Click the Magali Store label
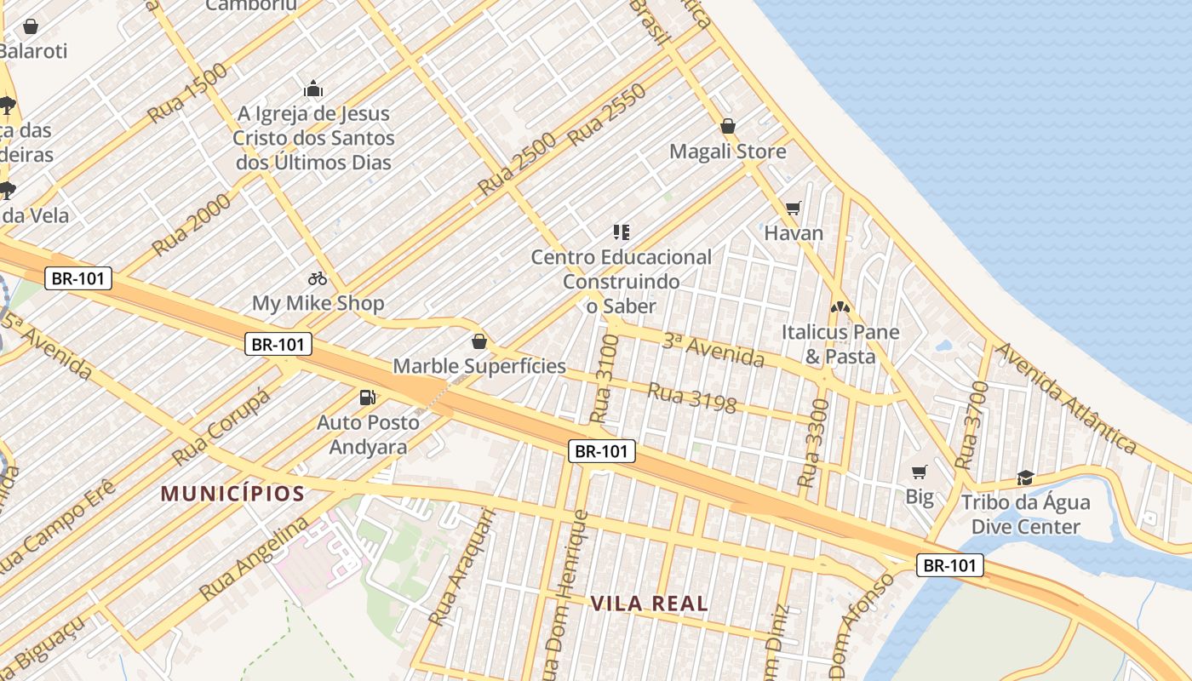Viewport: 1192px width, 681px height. coord(728,152)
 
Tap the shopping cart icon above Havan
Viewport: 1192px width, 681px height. coord(794,208)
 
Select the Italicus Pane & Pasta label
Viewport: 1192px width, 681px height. coord(840,344)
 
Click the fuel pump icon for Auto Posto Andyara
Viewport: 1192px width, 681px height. coord(368,397)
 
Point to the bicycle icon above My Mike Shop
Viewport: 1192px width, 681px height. coord(318,278)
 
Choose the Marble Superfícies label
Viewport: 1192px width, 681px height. coord(479,366)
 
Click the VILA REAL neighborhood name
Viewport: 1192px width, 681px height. coord(650,604)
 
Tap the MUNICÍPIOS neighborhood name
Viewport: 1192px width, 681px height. coord(232,494)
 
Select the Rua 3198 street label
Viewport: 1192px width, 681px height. coord(691,398)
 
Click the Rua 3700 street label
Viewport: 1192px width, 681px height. coord(971,426)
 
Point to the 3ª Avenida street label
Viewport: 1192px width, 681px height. coord(713,349)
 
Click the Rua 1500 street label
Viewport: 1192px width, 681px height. coord(187,92)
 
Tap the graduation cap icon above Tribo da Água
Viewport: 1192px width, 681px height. coord(1025,478)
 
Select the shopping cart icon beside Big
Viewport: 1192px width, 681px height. coord(919,472)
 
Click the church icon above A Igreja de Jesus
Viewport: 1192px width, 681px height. coord(313,89)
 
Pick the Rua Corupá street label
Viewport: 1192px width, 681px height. coord(221,427)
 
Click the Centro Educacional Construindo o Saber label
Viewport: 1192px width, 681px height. coord(622,281)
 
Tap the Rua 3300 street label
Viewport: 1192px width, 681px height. coord(812,443)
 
